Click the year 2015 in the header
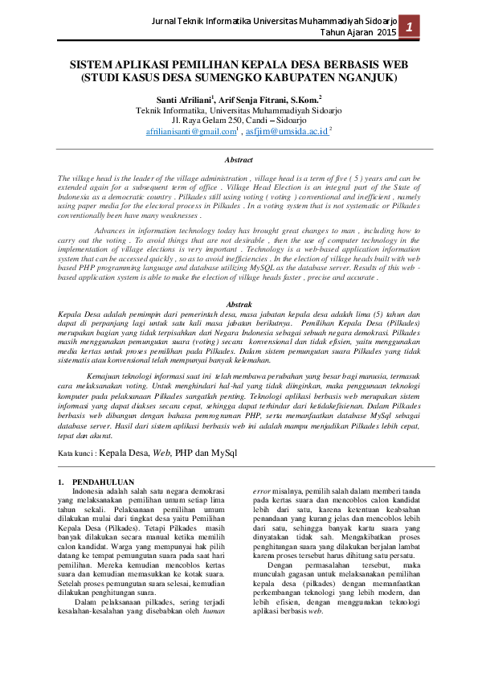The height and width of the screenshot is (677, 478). tap(386, 33)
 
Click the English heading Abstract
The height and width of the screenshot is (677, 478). tap(239, 161)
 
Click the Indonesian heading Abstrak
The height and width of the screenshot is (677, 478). tap(239, 304)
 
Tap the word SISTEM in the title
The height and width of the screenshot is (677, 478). tap(90, 65)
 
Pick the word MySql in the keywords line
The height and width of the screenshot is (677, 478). tap(224, 453)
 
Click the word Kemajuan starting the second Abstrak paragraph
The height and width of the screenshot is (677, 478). tap(107, 375)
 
